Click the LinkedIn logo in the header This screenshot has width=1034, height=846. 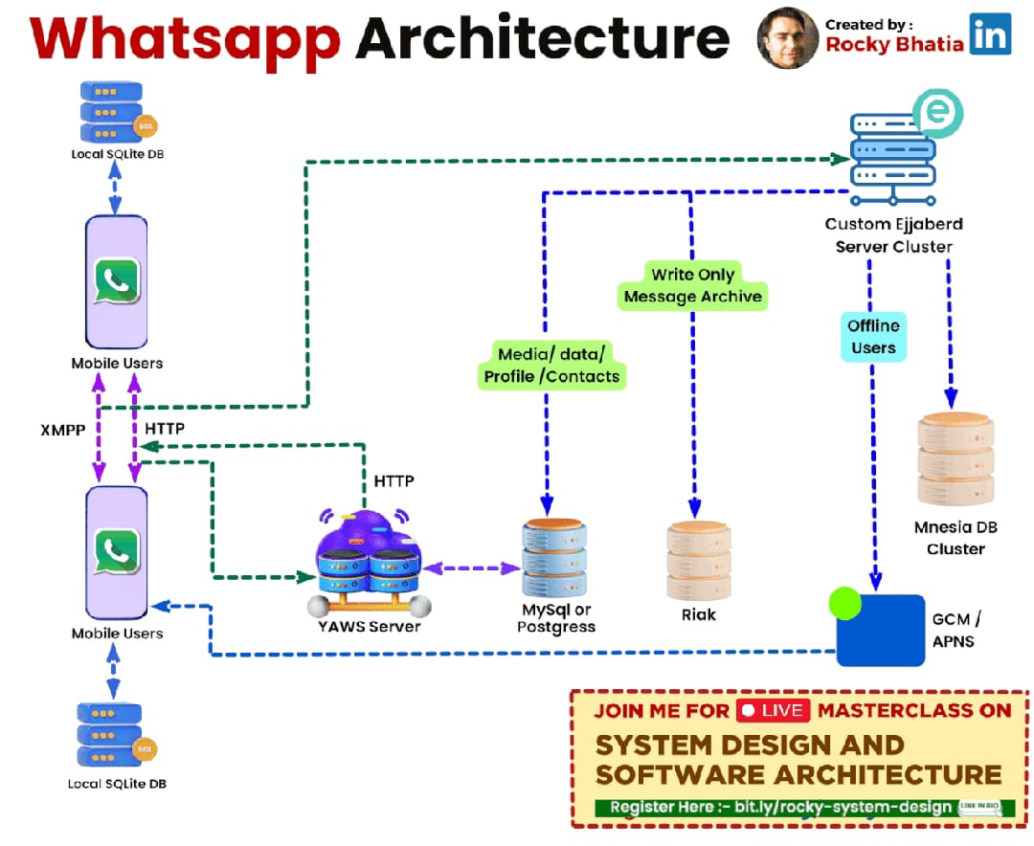pyautogui.click(x=991, y=35)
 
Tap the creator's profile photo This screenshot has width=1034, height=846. pyautogui.click(x=788, y=38)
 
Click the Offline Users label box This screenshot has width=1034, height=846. pyautogui.click(x=873, y=337)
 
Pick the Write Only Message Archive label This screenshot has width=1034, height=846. pyautogui.click(x=692, y=285)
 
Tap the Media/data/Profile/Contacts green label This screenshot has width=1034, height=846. pyautogui.click(x=551, y=365)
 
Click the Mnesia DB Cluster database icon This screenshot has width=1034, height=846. pyautogui.click(x=955, y=458)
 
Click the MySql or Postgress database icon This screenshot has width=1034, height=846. pyautogui.click(x=555, y=558)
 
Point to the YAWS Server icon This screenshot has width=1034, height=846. pyautogui.click(x=369, y=563)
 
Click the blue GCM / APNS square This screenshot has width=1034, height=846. pyautogui.click(x=881, y=630)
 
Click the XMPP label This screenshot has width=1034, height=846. pyautogui.click(x=64, y=430)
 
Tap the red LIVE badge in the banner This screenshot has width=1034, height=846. pyautogui.click(x=774, y=710)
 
